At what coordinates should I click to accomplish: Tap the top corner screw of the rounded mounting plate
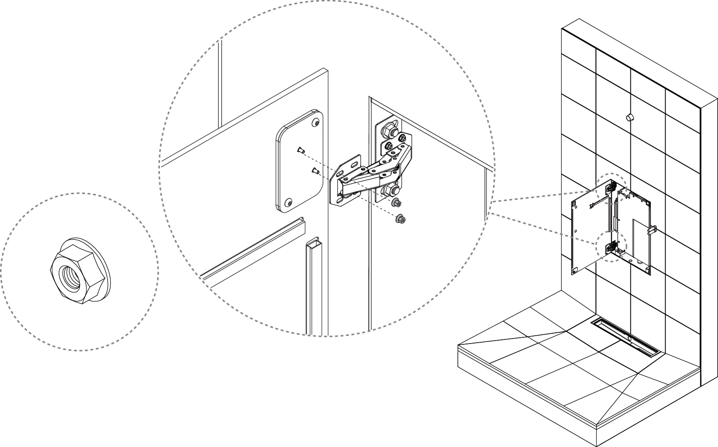point(316,123)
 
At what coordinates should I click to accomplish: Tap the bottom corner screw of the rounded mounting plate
point(288,202)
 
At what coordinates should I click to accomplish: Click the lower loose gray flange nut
point(401,219)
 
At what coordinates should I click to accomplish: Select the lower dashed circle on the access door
point(611,247)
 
